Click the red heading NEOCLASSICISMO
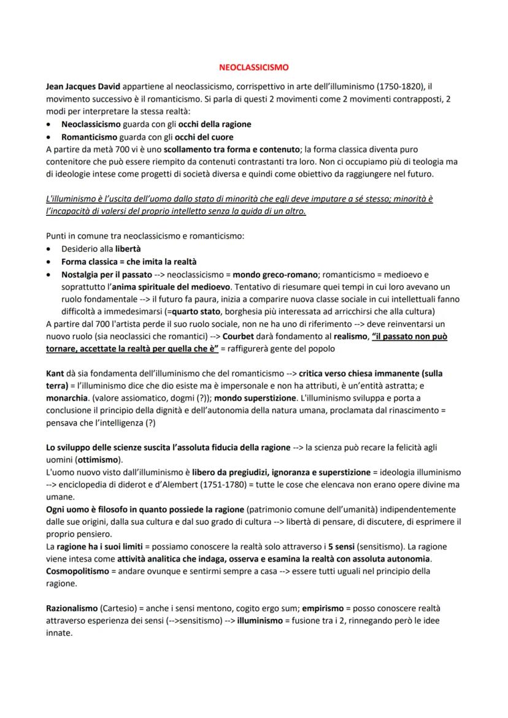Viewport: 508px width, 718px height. [253, 67]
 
